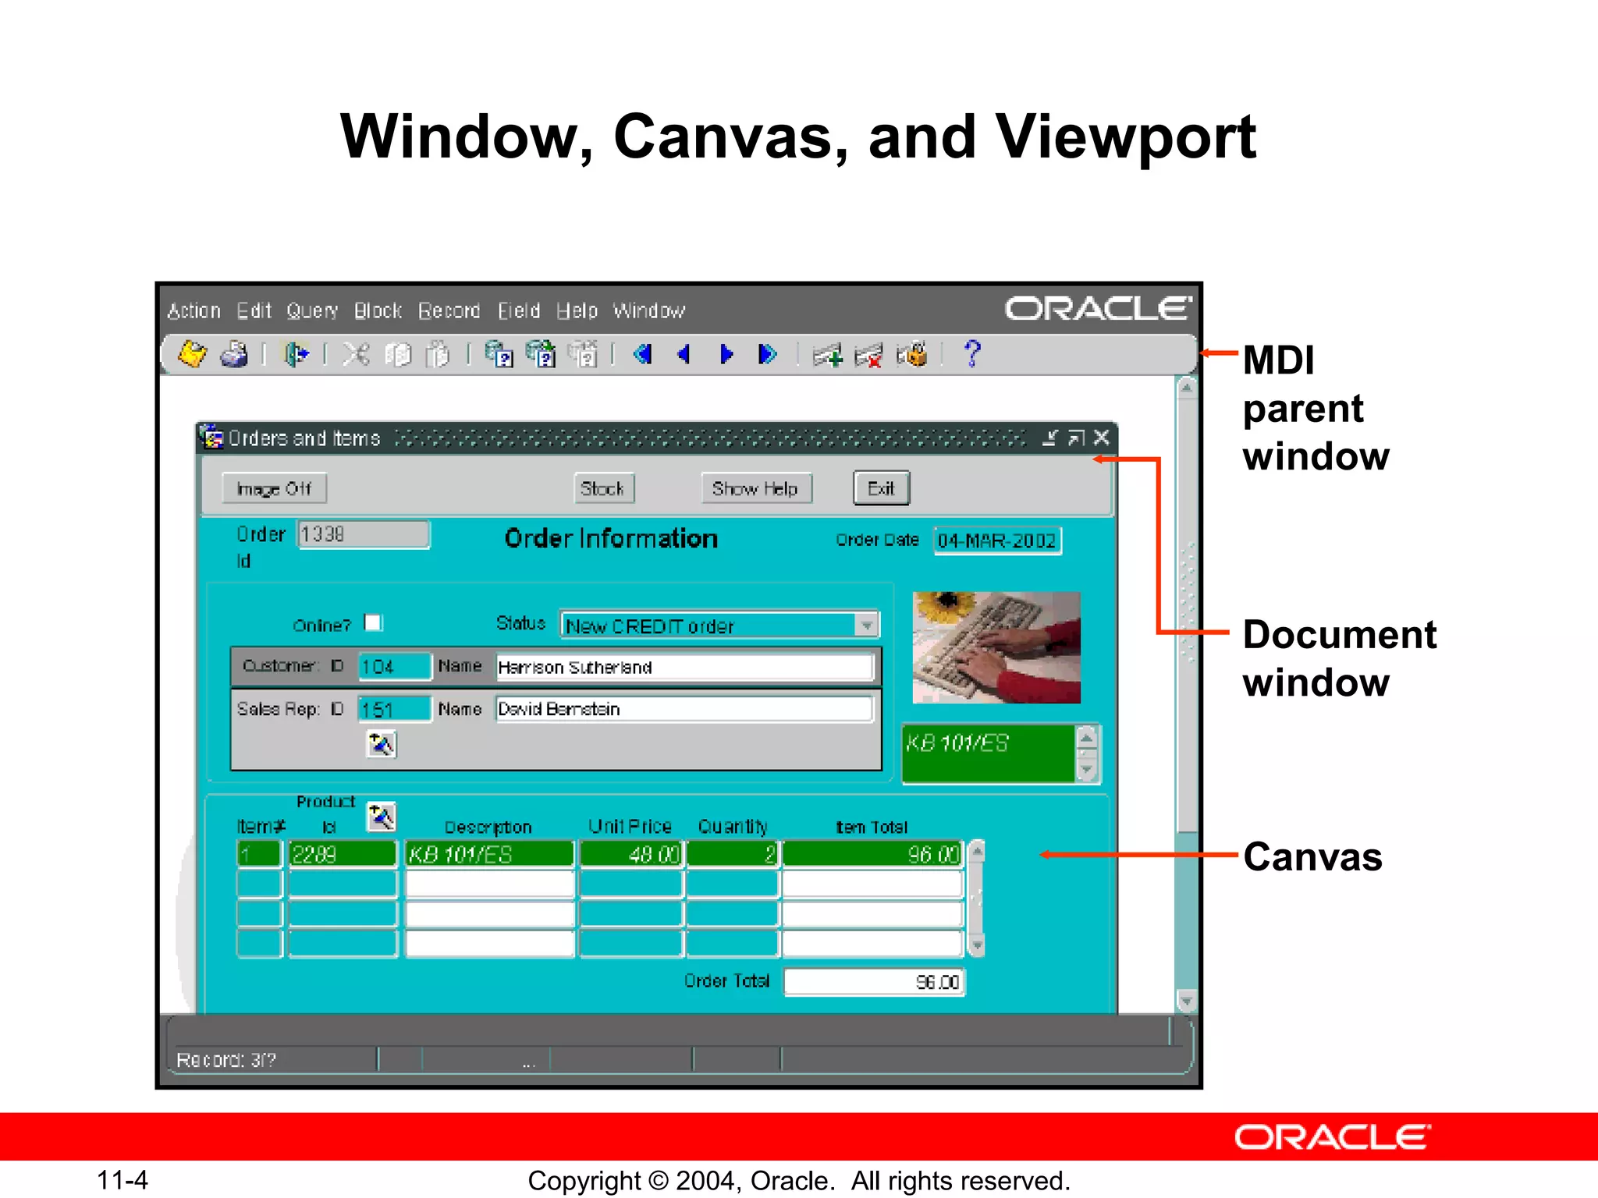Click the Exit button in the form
pos(881,489)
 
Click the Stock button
pos(603,489)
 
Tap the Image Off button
pos(274,489)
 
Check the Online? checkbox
pos(374,622)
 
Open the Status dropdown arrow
pos(866,626)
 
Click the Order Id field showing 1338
pos(363,535)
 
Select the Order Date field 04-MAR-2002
pos(996,541)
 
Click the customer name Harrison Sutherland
pos(684,668)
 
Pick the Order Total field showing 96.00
pos(874,982)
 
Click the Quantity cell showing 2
pos(732,855)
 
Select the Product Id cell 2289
pos(342,855)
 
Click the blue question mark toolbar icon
pos(971,354)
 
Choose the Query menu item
pos(312,311)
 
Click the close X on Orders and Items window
pos(1101,438)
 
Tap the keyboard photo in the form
pos(996,647)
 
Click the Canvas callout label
pos(1312,857)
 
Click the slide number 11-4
pos(123,1180)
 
